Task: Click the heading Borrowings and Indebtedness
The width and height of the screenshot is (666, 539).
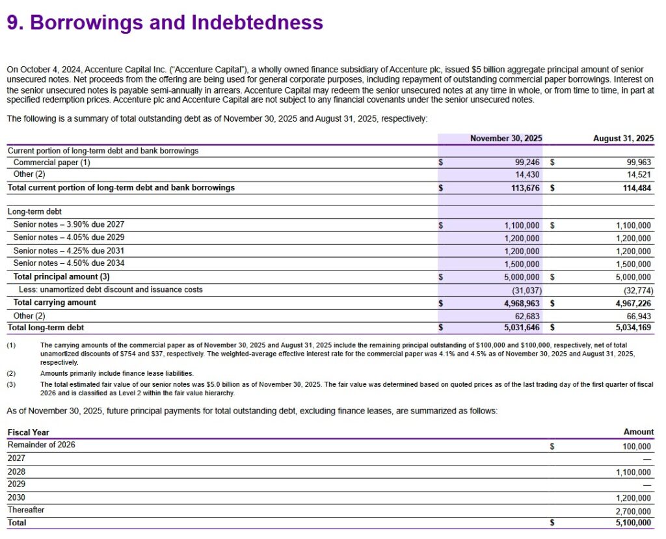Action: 165,23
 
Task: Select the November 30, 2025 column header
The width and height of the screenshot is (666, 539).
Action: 506,138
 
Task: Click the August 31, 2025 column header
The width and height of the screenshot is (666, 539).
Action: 623,138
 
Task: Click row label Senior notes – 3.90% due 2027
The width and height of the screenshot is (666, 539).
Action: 69,225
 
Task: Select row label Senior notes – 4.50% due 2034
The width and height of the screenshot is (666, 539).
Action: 69,263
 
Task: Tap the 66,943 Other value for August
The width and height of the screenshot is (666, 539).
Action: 637,315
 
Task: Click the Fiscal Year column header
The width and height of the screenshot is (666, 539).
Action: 28,432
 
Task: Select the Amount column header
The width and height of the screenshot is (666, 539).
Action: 638,432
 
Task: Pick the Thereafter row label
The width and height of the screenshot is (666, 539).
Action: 26,510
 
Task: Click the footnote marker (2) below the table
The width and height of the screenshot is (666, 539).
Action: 12,374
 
